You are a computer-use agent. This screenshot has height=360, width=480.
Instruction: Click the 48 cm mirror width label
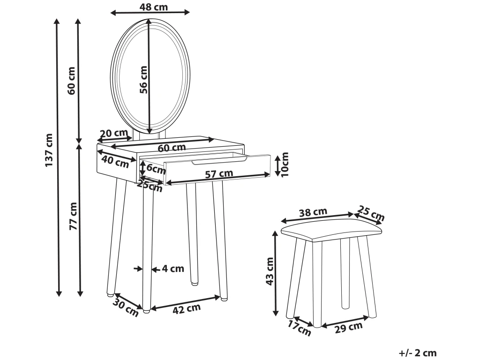[x=154, y=7]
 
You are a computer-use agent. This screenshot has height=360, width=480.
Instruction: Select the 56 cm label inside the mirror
[x=143, y=80]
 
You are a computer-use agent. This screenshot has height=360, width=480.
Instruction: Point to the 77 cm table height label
[x=73, y=216]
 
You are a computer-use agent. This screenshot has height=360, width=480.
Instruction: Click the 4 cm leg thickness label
[x=173, y=269]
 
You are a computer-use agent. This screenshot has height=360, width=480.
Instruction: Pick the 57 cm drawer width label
[x=219, y=174]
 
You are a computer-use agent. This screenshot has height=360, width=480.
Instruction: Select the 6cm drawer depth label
[x=156, y=168]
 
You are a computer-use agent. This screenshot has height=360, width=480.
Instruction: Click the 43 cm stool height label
[x=270, y=271]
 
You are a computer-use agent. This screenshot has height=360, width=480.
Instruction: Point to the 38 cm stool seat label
[x=313, y=212]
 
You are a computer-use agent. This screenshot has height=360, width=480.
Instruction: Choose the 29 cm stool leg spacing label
[x=349, y=327]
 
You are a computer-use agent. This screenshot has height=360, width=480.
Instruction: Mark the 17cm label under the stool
[x=299, y=328]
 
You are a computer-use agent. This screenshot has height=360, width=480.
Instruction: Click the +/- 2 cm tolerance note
[x=418, y=353]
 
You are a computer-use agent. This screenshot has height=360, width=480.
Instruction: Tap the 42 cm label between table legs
[x=187, y=309]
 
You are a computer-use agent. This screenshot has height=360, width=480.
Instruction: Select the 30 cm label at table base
[x=126, y=308]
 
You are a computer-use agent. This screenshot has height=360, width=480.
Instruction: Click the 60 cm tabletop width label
[x=172, y=148]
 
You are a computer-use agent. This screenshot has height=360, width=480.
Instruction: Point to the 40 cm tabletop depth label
[x=115, y=161]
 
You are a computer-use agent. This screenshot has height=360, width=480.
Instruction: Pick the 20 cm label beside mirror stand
[x=114, y=134]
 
